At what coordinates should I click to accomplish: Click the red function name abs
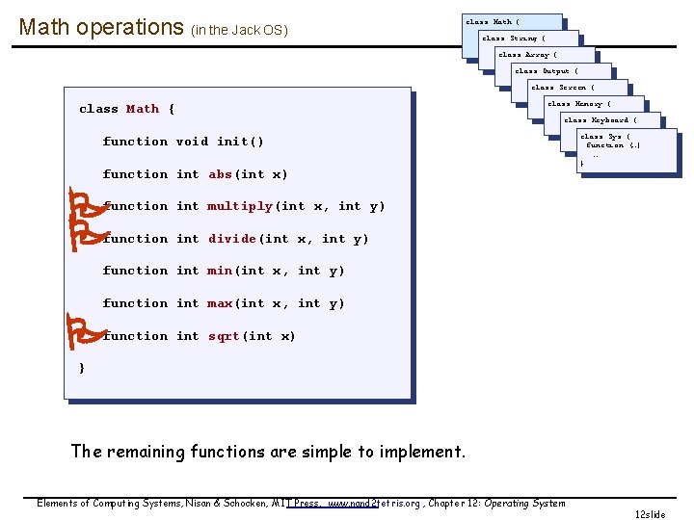point(221,174)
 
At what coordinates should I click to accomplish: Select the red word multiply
point(240,206)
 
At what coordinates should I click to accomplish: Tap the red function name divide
point(232,239)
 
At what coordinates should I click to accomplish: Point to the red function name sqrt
point(224,336)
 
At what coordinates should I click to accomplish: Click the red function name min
point(220,271)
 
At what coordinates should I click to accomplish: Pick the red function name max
point(220,303)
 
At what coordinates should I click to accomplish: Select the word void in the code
point(192,142)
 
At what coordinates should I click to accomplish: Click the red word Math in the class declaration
point(143,109)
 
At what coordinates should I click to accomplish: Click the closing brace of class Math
point(82,368)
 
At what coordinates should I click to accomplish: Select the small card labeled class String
point(514,39)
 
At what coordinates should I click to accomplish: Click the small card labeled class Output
point(547,71)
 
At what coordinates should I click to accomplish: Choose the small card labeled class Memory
point(580,104)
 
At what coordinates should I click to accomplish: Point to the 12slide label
point(650,514)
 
